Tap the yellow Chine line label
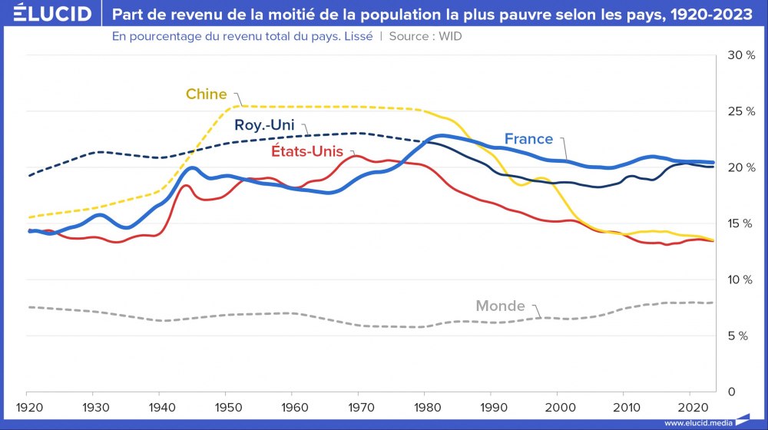pyautogui.click(x=206, y=94)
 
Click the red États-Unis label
pyautogui.click(x=306, y=151)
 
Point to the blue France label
pyautogui.click(x=528, y=139)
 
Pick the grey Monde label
pyautogui.click(x=500, y=306)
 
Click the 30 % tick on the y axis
pyautogui.click(x=741, y=55)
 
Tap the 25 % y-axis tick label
pyautogui.click(x=741, y=111)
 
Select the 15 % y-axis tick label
pyautogui.click(x=741, y=223)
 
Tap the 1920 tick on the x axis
pyautogui.click(x=28, y=406)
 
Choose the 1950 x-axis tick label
pyautogui.click(x=226, y=406)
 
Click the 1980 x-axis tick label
pyautogui.click(x=424, y=406)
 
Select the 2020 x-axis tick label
pyautogui.click(x=688, y=406)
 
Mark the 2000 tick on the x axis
pyautogui.click(x=556, y=406)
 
